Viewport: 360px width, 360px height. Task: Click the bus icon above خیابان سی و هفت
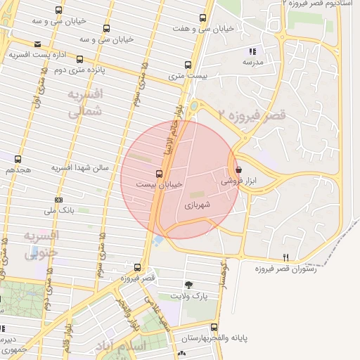click(x=203, y=19)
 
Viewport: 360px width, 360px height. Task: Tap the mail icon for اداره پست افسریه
click(x=37, y=44)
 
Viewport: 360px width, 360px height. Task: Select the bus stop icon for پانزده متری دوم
click(x=79, y=60)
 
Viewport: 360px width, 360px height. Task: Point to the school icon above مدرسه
click(x=253, y=51)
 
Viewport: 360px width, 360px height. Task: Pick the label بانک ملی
click(x=59, y=210)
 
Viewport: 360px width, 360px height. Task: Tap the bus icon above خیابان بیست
click(x=160, y=173)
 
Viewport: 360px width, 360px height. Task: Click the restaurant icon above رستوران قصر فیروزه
click(x=285, y=257)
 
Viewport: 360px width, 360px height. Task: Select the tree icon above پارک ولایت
click(x=189, y=285)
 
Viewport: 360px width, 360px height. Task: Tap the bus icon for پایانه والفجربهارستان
click(x=214, y=327)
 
